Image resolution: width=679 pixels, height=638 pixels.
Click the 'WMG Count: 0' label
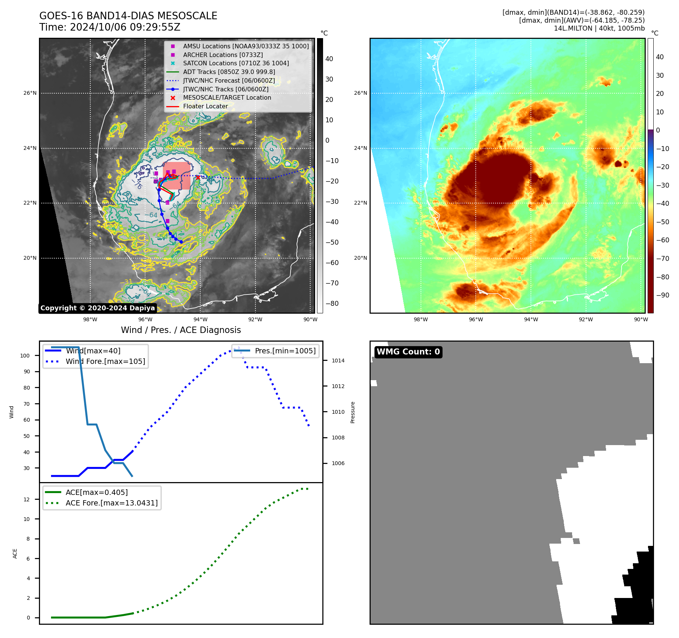(408, 352)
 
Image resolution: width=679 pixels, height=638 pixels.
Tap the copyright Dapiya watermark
(97, 308)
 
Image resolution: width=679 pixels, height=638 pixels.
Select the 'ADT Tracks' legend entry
(229, 72)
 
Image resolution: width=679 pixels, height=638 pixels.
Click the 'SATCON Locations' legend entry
(236, 63)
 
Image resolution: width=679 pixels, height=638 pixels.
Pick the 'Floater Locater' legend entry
(205, 106)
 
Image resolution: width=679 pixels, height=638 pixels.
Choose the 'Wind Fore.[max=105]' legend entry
(105, 361)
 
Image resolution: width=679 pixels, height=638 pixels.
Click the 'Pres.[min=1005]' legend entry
(285, 351)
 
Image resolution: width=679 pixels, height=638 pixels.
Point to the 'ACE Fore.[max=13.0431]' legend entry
(111, 503)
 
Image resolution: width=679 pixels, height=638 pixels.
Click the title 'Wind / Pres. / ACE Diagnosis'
(181, 330)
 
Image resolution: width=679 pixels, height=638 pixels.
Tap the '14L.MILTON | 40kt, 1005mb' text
(599, 28)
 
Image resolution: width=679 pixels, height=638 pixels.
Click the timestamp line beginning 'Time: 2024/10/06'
(110, 28)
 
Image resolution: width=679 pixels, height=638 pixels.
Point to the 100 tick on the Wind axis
(25, 356)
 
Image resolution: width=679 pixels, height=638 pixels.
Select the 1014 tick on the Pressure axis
(338, 361)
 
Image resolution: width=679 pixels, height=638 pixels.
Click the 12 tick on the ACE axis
(26, 499)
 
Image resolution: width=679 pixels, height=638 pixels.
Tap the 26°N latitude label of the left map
(30, 93)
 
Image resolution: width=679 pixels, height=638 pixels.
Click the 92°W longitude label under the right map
(586, 319)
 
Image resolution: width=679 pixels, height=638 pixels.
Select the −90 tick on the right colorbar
(662, 295)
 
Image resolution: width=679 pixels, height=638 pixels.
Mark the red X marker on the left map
(198, 177)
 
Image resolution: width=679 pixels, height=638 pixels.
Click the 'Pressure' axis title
(353, 412)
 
